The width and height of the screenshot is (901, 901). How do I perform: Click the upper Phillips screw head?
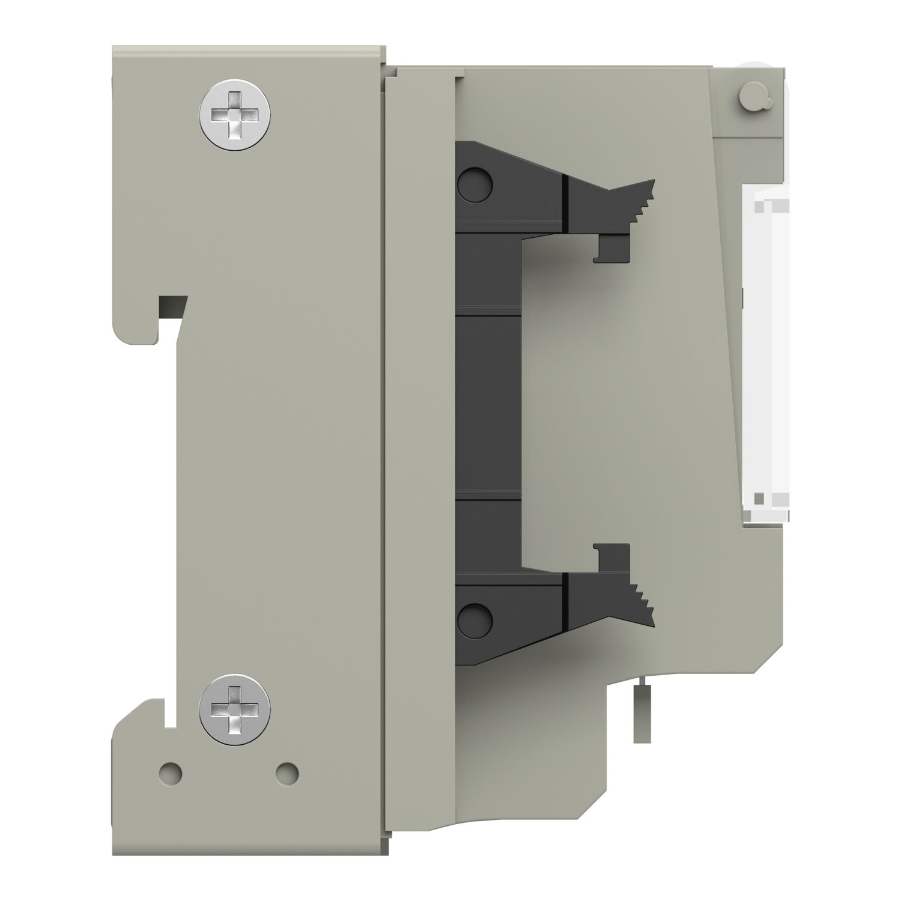234,114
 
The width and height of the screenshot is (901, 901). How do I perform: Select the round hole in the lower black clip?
475,617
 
